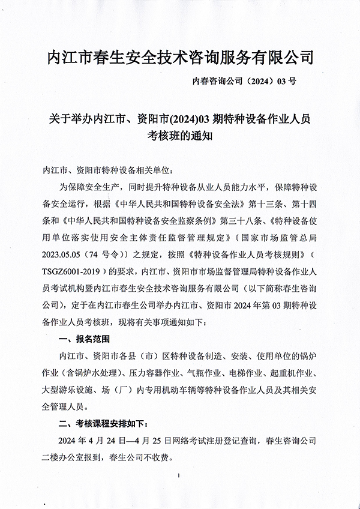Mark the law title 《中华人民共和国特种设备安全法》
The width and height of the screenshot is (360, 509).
pyautogui.click(x=166, y=200)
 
